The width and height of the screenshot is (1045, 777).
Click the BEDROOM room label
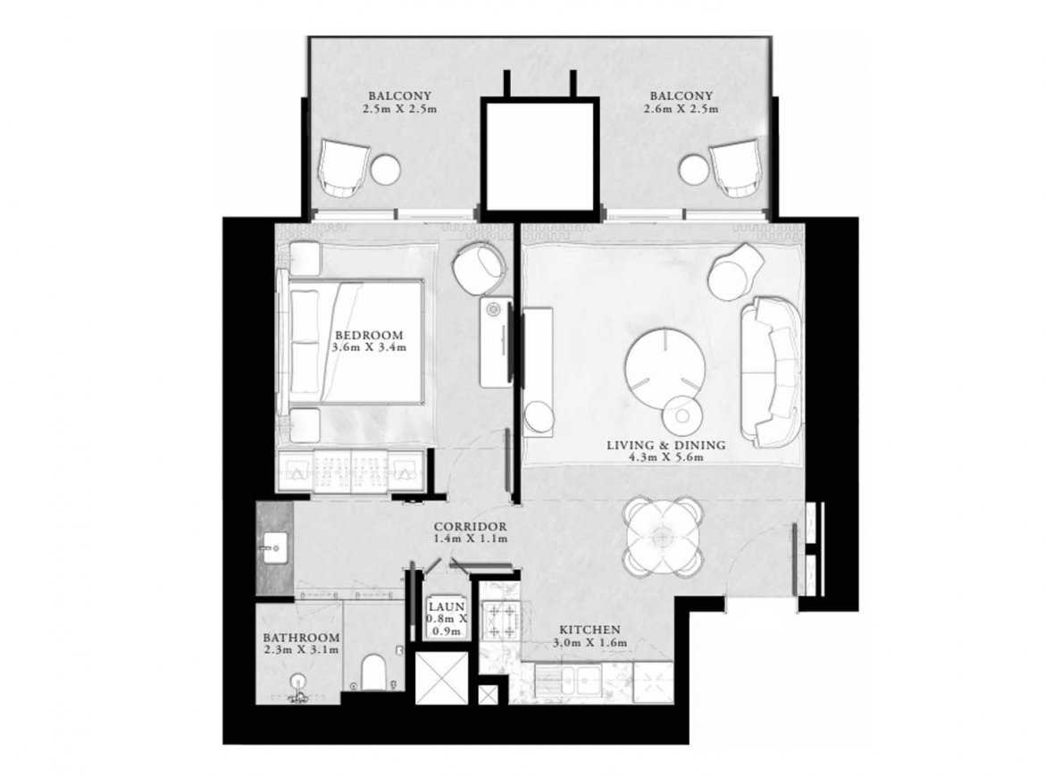[x=369, y=335]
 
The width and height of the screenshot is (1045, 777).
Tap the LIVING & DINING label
[x=665, y=445]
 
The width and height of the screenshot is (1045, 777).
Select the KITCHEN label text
[x=589, y=630]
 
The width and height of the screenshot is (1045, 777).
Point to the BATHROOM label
[x=301, y=638]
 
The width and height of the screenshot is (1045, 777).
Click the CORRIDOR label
[x=471, y=526]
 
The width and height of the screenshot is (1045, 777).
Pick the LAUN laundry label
[x=447, y=607]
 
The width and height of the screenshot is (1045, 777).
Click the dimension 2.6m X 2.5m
[x=681, y=109]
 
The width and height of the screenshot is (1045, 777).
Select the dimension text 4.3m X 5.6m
[x=666, y=458]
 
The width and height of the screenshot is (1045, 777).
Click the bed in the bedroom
[x=355, y=341]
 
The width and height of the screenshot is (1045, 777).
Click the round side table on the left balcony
[x=385, y=170]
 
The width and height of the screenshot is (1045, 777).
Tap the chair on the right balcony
[x=734, y=169]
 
